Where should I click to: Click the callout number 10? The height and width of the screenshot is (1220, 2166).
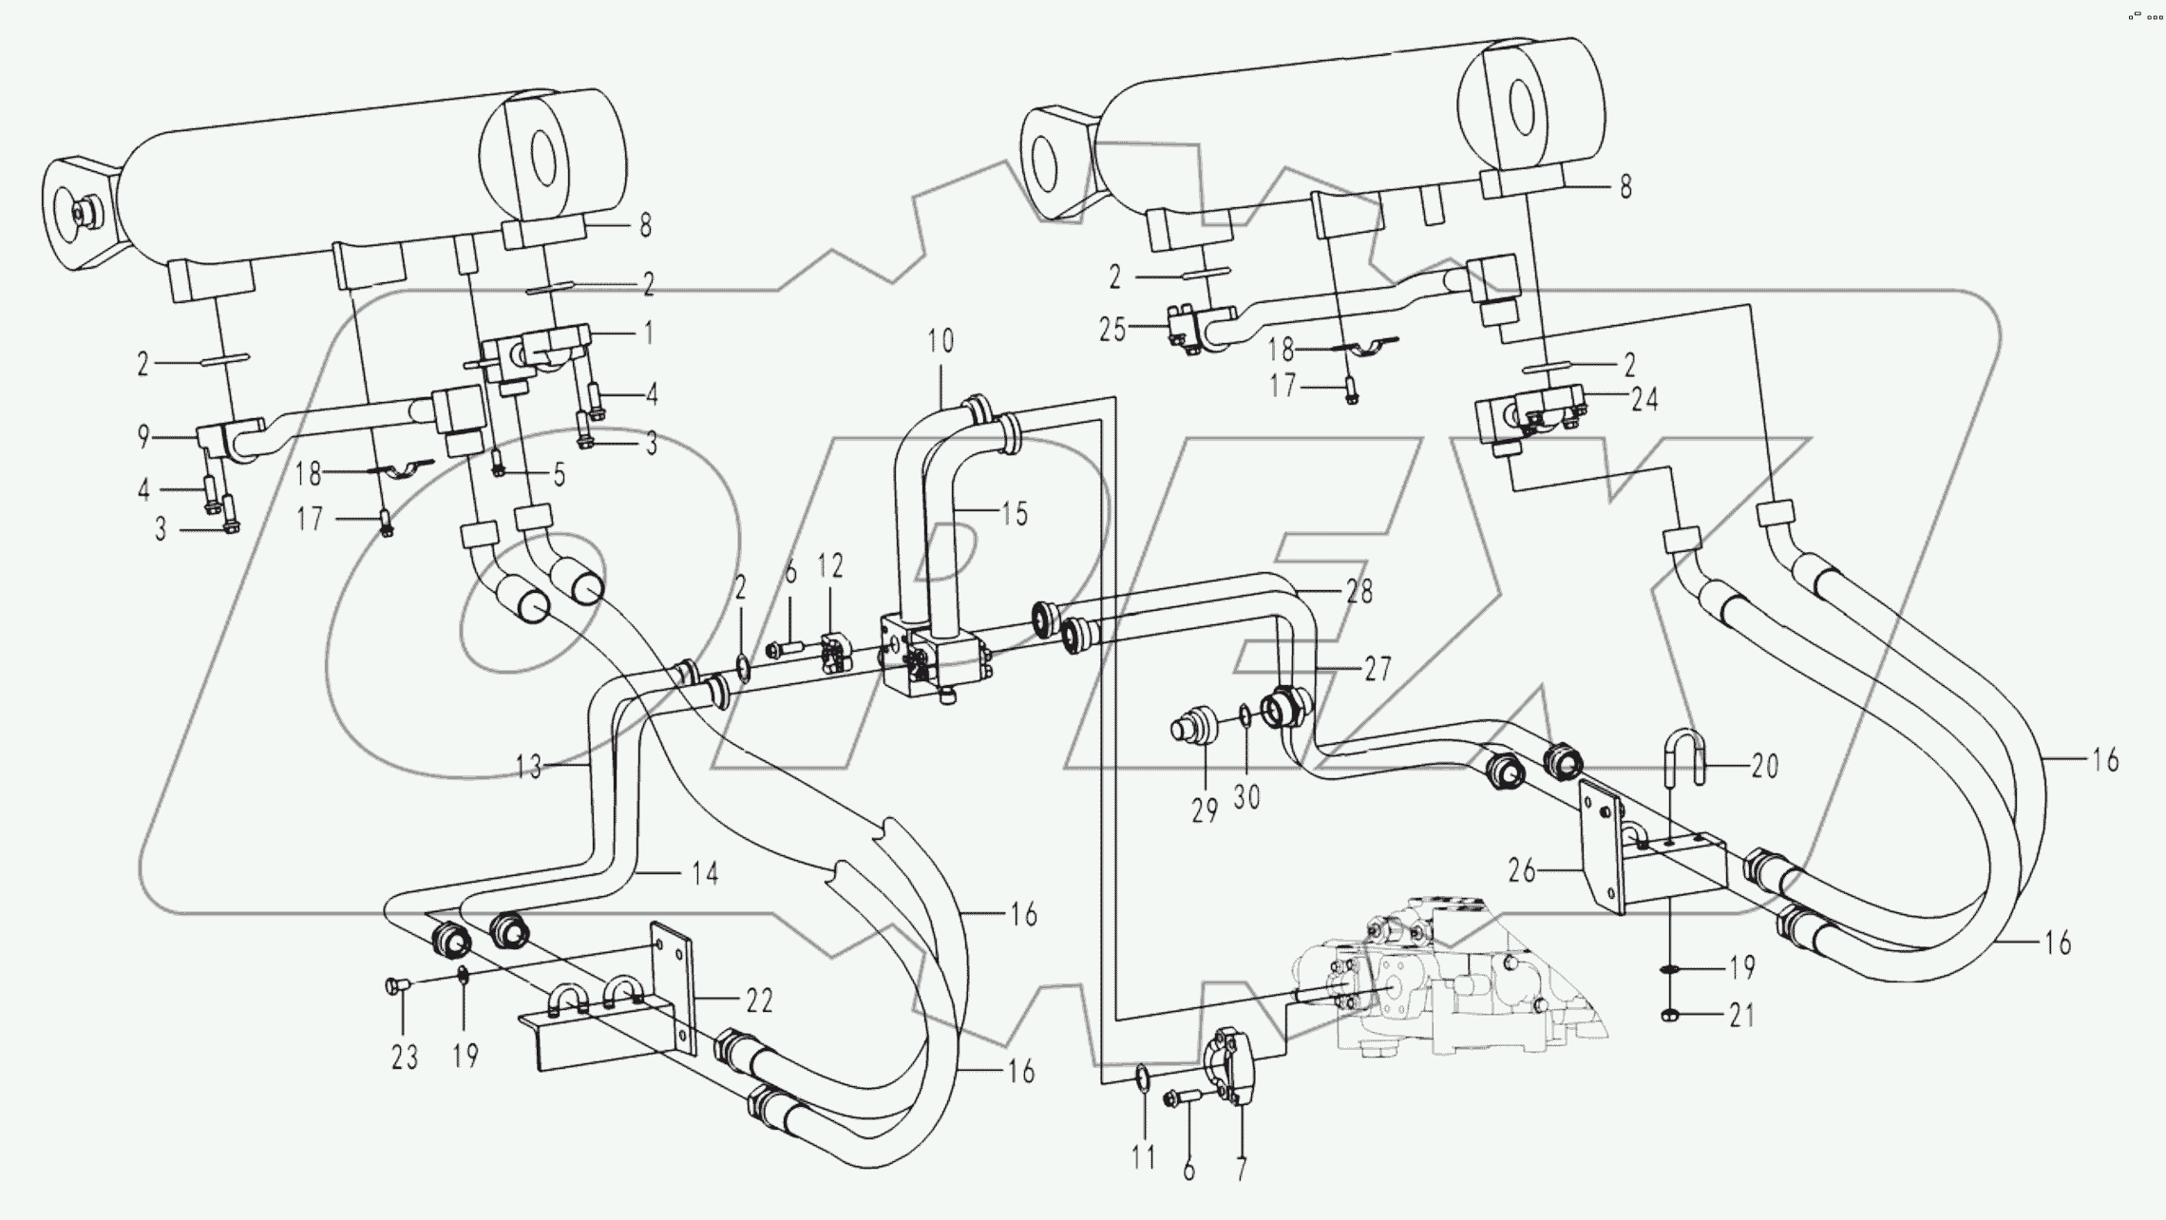940,342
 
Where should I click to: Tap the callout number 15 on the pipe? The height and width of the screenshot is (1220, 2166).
1014,514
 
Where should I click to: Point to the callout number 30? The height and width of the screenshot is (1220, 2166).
1246,796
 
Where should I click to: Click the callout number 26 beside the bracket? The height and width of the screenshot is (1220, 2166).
1522,870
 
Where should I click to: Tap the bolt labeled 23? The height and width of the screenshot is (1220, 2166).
396,988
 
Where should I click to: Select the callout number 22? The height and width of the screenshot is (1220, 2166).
759,1001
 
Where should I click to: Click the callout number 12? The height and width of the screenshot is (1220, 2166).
829,567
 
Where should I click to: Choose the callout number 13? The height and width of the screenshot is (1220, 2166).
529,766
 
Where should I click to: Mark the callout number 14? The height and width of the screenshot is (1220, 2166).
704,873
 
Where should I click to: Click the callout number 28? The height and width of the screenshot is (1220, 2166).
1359,592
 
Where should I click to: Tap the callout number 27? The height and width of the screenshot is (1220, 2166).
1377,669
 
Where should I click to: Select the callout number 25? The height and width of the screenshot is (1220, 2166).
1112,330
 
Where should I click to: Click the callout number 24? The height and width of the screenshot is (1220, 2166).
1644,400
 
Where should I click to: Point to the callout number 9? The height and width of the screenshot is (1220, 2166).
143,437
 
